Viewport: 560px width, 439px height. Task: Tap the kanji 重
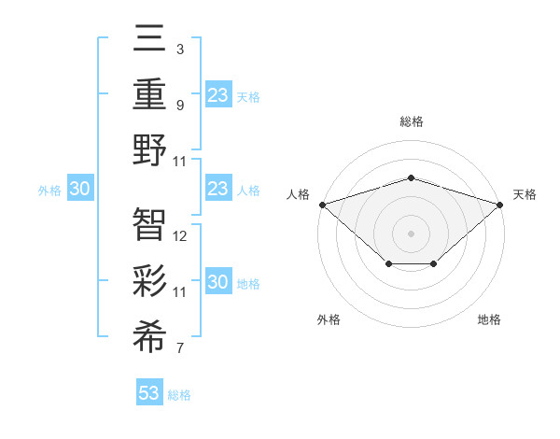coord(150,93)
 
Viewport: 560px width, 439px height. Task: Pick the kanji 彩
coord(150,278)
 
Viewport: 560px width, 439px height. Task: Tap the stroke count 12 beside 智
coord(181,236)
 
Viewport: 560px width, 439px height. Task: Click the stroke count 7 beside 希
coord(179,349)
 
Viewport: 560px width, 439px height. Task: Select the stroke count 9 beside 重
coord(179,106)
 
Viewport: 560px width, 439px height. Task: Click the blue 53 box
coord(149,393)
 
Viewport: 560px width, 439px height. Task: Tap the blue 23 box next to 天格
coord(217,94)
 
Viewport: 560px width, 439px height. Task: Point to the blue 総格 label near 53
coord(179,395)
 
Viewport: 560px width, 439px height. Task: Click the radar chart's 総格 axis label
coord(411,121)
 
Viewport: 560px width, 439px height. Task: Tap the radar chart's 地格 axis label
coord(489,319)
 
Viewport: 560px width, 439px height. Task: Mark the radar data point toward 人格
coord(322,205)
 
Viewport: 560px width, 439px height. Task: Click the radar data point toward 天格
coord(500,205)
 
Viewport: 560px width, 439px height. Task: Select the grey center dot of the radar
coord(411,233)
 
